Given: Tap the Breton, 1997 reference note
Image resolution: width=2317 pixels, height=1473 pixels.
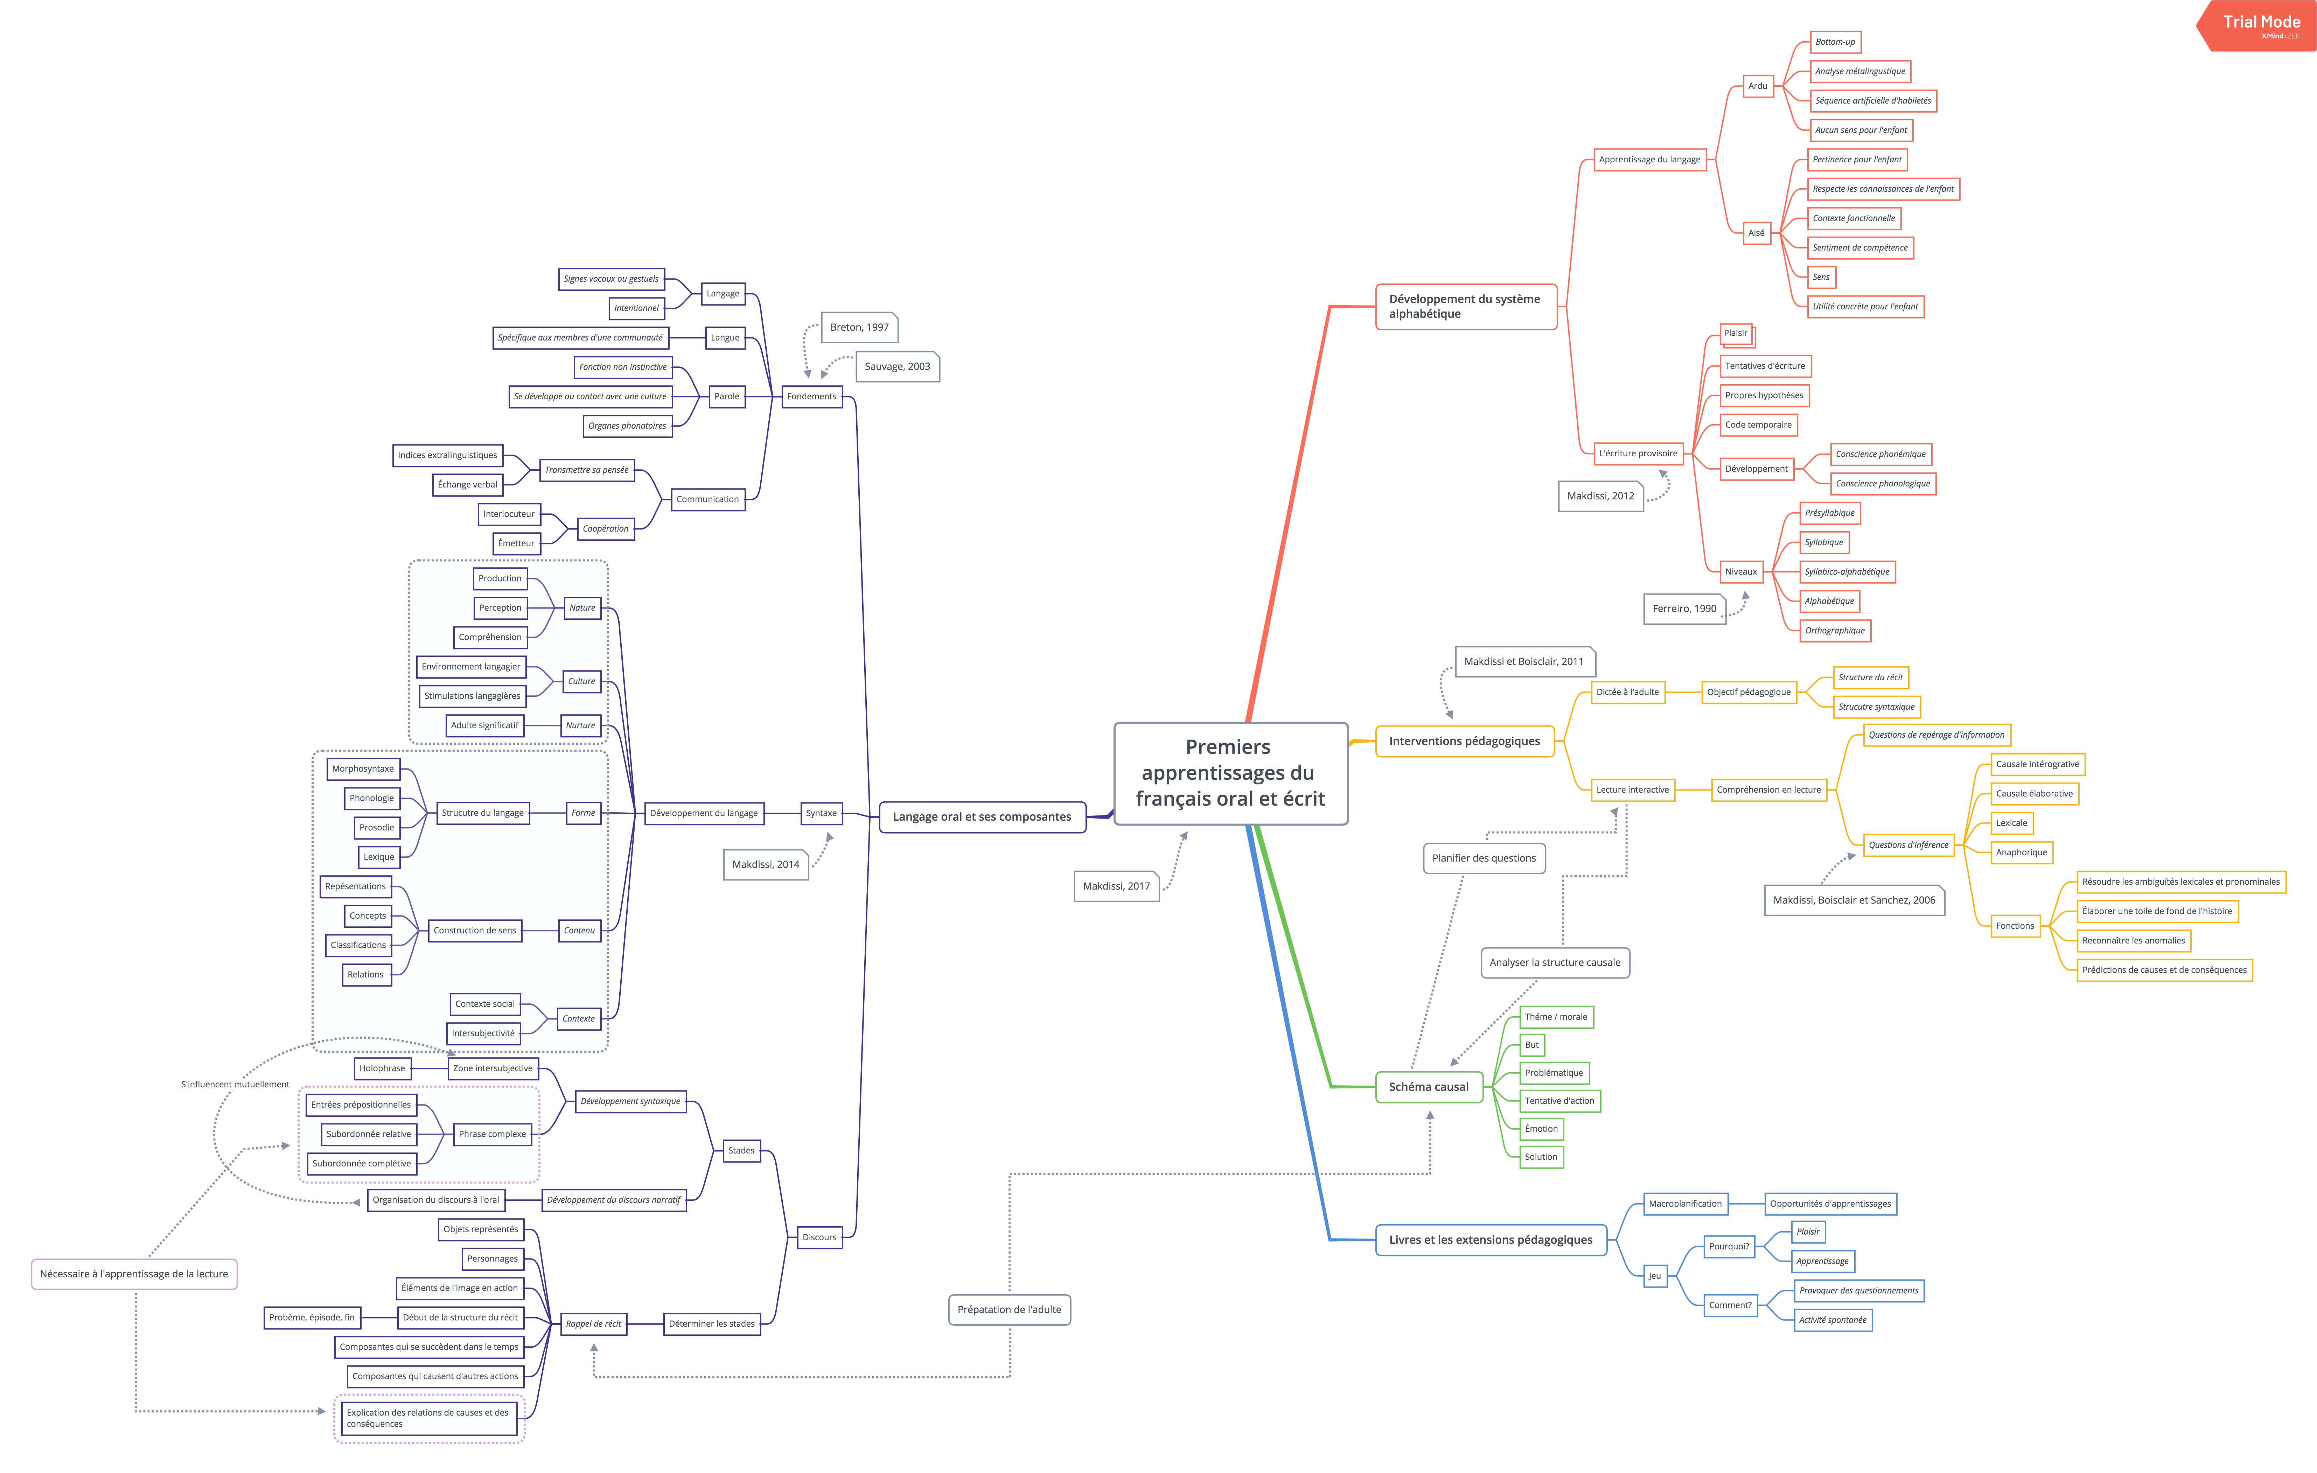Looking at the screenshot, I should point(859,327).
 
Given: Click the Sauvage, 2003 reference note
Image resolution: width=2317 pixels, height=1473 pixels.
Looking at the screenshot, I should point(897,366).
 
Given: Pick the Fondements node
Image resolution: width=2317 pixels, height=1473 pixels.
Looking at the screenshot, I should point(811,397).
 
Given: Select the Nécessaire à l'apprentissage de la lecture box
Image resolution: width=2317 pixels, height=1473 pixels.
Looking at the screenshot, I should point(134,1274).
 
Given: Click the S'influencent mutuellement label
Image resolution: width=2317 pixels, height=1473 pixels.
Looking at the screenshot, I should point(235,1084).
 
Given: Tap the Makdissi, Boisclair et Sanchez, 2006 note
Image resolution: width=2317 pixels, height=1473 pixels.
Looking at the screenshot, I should point(1853,900).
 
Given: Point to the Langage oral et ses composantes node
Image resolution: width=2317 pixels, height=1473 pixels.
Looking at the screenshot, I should point(982,817).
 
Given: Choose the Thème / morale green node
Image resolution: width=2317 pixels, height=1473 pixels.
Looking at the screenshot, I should point(1555,1017).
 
